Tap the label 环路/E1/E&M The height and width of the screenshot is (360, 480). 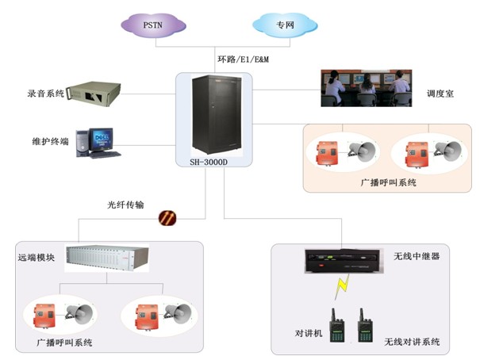pyautogui.click(x=247, y=59)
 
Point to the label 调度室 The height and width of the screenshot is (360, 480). pyautogui.click(x=441, y=93)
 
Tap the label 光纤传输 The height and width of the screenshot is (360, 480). pyautogui.click(x=127, y=204)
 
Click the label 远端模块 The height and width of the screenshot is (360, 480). pyautogui.click(x=37, y=258)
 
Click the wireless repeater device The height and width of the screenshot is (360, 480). pyautogui.click(x=345, y=259)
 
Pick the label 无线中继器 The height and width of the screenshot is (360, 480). pyautogui.click(x=417, y=258)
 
